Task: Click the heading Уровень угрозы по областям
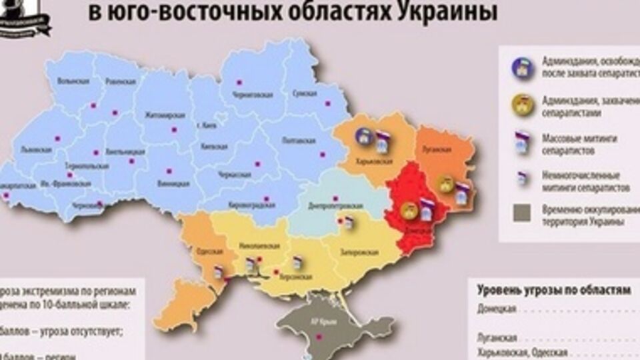[553, 291]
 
